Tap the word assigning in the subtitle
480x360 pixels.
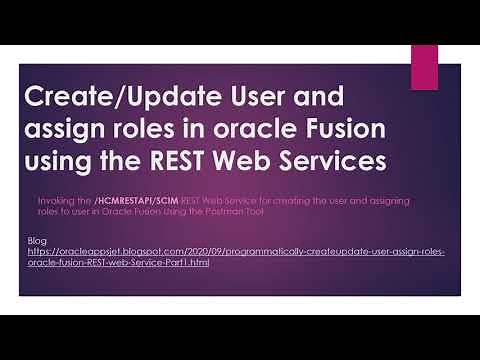402,201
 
